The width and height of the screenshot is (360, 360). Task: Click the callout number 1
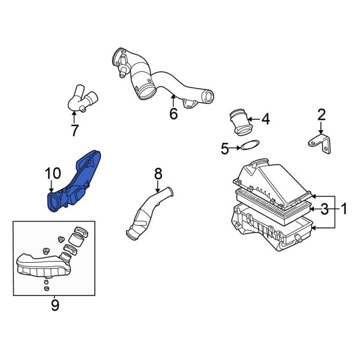click(x=344, y=209)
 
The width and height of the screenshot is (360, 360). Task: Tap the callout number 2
click(x=321, y=114)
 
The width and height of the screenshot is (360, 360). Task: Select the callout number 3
click(x=324, y=209)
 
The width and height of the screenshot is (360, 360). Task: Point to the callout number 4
click(x=265, y=119)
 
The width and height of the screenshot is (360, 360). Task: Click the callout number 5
click(x=225, y=148)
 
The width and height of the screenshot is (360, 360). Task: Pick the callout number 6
click(x=173, y=113)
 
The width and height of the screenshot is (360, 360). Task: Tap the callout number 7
click(x=74, y=130)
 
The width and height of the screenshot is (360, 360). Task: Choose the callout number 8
click(x=158, y=174)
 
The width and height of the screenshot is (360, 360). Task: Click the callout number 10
click(x=53, y=174)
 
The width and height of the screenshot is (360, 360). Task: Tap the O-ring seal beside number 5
click(x=250, y=145)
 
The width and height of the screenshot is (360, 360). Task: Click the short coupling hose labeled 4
click(x=240, y=122)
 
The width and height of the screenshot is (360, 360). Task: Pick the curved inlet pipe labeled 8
click(x=150, y=213)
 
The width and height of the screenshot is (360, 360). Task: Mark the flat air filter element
click(x=273, y=200)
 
